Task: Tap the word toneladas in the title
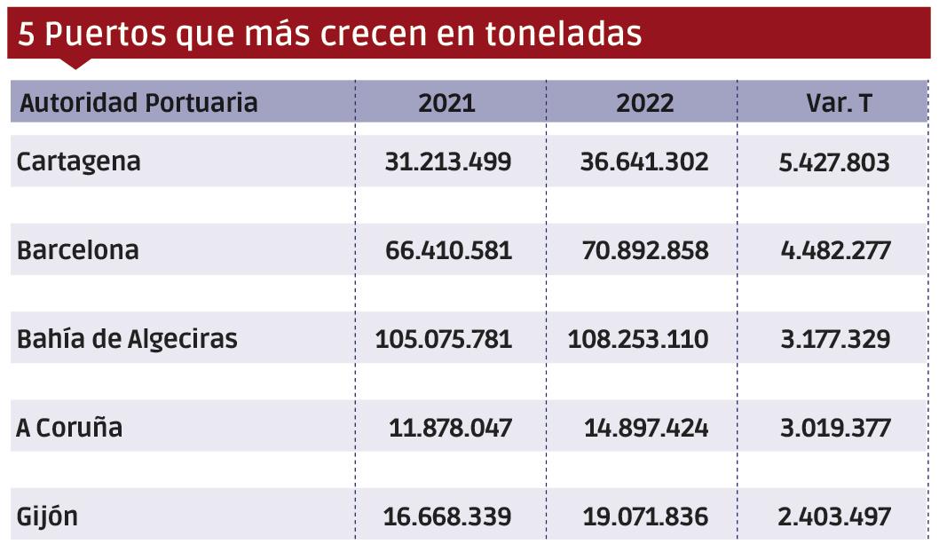tap(564, 35)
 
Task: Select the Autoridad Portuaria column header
tap(138, 103)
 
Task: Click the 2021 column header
tap(447, 103)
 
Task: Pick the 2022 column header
tap(645, 103)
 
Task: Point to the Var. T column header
tap(839, 103)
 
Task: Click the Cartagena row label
tap(79, 162)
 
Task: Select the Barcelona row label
tap(78, 250)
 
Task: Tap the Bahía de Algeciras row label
tap(127, 339)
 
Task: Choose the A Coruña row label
tap(69, 428)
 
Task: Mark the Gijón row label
tap(47, 517)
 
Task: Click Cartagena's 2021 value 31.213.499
tap(448, 162)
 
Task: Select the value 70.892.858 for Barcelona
tap(644, 250)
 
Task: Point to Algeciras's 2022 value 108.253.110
tap(638, 339)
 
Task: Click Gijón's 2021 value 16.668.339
tap(447, 517)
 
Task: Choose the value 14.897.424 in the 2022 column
tap(646, 428)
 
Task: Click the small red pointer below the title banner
tap(76, 63)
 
